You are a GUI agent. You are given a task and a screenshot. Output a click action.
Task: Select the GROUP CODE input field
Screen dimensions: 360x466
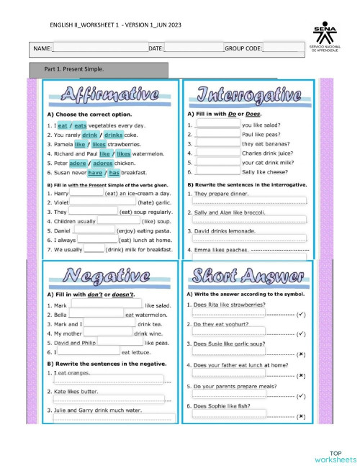279,48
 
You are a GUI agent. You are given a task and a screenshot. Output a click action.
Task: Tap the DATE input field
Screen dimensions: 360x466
194,48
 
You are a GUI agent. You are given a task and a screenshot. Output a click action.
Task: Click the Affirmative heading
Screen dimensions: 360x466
110,96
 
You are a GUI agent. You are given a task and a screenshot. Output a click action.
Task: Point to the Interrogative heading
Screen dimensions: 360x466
249,96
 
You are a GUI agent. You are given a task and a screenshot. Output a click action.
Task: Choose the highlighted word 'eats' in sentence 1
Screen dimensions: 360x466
81,125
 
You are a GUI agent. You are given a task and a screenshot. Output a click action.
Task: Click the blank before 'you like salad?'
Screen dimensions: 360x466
217,124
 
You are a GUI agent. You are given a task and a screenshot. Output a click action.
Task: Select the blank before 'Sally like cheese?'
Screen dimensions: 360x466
217,172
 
